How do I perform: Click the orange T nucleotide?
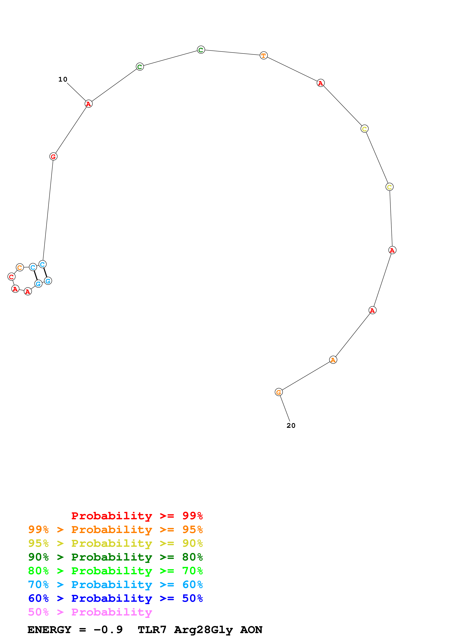pyautogui.click(x=264, y=56)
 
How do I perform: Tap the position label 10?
pyautogui.click(x=63, y=80)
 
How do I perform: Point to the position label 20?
pyautogui.click(x=291, y=425)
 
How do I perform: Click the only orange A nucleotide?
pyautogui.click(x=333, y=360)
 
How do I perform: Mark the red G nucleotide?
pyautogui.click(x=53, y=157)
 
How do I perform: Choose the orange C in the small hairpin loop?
pyautogui.click(x=20, y=267)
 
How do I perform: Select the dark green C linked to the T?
pyautogui.click(x=201, y=50)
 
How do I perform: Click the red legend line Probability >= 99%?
pyautogui.click(x=137, y=516)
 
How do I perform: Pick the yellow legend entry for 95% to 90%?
pyautogui.click(x=115, y=543)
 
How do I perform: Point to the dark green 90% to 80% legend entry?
pyautogui.click(x=115, y=557)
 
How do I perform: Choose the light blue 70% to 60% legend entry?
pyautogui.click(x=115, y=585)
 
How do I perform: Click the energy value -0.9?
pyautogui.click(x=108, y=630)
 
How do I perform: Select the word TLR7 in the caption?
pyautogui.click(x=152, y=630)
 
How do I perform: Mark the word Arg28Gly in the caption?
pyautogui.click(x=203, y=630)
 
